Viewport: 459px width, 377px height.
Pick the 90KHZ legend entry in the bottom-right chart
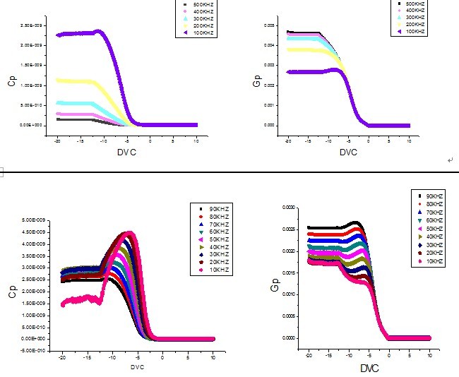click(x=431, y=196)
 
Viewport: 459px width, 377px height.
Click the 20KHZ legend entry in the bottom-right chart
click(x=431, y=253)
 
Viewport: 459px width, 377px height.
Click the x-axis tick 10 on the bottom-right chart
click(x=430, y=351)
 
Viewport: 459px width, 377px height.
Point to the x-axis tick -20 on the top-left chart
click(x=57, y=140)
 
